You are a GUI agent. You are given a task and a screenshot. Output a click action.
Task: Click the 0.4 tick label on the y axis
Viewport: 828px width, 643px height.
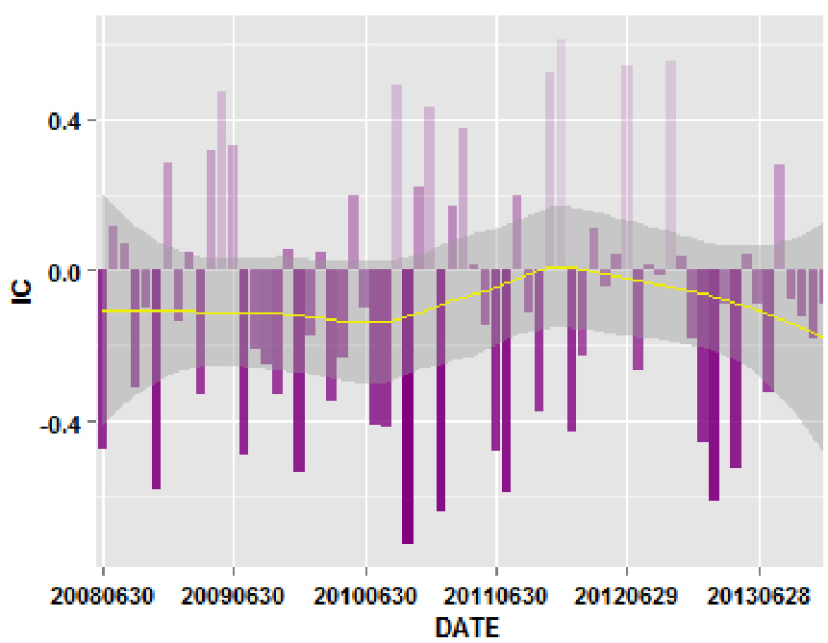(x=65, y=121)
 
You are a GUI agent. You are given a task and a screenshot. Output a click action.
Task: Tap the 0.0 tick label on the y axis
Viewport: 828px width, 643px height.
(x=65, y=271)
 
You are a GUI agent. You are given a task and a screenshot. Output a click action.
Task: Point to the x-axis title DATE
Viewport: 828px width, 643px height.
(x=466, y=628)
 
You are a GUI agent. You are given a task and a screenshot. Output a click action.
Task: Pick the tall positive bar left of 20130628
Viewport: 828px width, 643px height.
(x=670, y=163)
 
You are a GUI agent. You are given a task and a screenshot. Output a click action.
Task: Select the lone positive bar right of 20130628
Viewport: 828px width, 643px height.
(x=780, y=216)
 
